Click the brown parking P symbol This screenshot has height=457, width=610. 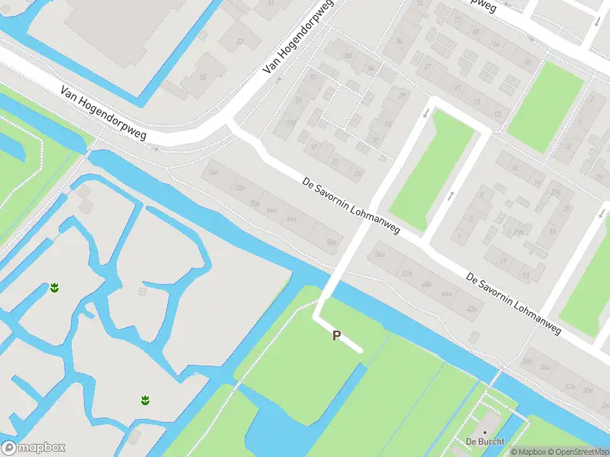tap(336, 335)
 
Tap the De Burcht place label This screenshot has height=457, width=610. tap(482, 442)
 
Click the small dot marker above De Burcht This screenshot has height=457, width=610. tap(483, 432)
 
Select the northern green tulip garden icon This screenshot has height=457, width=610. tap(54, 287)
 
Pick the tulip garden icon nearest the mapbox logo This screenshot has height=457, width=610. tap(144, 399)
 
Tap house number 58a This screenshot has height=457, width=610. tap(331, 242)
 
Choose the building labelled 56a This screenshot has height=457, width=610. tap(379, 255)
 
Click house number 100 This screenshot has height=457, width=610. tap(290, 123)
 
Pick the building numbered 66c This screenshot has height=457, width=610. tap(272, 209)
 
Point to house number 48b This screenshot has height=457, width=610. tap(426, 283)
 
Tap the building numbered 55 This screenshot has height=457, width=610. tap(203, 77)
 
